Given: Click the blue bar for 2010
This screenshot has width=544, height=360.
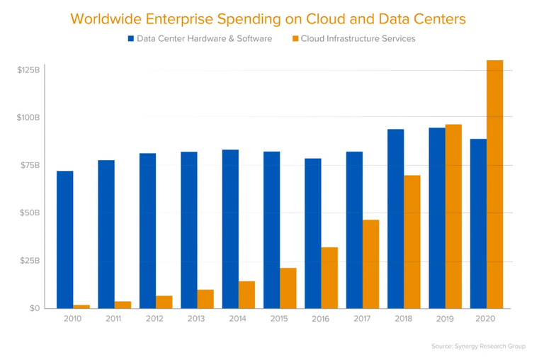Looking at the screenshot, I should click(x=64, y=240).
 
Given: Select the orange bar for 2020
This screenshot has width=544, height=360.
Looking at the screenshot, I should click(x=494, y=184).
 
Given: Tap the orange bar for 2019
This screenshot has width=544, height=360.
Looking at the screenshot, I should click(x=453, y=216).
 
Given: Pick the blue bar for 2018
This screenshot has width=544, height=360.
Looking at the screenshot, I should click(x=395, y=218).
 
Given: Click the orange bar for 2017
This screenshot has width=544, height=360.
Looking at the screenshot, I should click(x=370, y=264).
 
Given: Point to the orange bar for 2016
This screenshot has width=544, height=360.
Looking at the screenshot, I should click(x=329, y=278).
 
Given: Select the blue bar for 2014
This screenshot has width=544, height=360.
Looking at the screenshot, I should click(x=230, y=229).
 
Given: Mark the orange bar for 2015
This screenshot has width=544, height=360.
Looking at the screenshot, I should click(x=288, y=288).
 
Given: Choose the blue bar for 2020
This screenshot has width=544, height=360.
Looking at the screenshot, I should click(x=478, y=223).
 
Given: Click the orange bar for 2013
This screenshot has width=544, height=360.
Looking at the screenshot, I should click(x=205, y=298).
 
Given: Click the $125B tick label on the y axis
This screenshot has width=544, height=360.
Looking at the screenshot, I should click(x=28, y=70).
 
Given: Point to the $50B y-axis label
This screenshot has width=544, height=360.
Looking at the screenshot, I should click(x=30, y=213).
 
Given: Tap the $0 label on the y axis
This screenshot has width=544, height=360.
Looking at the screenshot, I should click(x=34, y=308).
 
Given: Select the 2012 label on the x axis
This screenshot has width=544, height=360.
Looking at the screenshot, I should click(x=155, y=319).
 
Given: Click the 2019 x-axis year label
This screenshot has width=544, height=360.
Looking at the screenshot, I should click(x=445, y=319).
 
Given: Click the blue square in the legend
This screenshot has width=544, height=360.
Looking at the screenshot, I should click(x=131, y=39).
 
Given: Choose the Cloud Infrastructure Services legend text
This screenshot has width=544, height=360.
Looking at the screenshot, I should click(x=358, y=39).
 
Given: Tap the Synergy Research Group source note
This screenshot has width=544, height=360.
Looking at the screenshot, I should click(x=479, y=346).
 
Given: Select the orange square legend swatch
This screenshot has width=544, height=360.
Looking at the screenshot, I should click(x=294, y=39).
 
